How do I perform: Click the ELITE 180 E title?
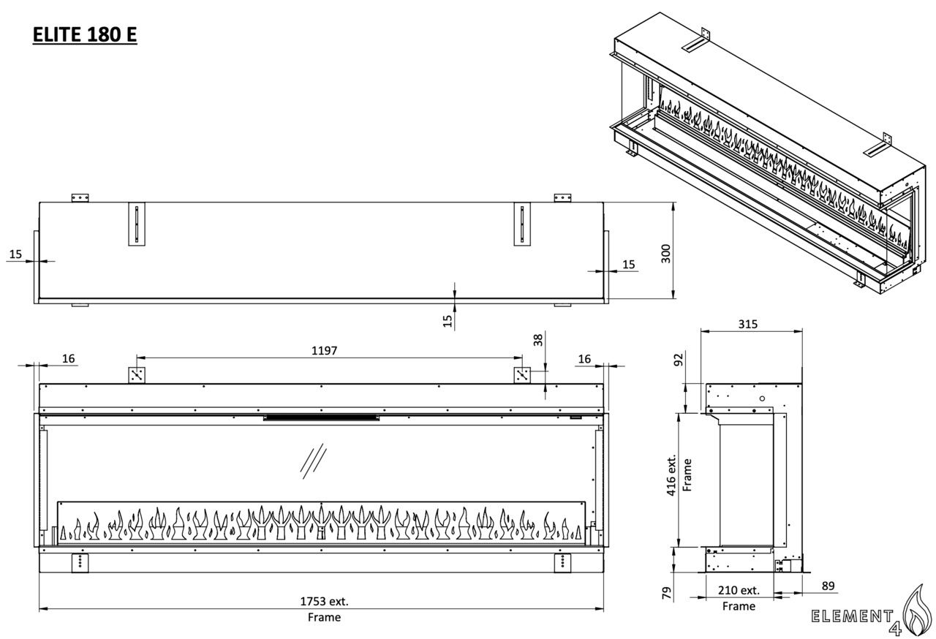pos(85,34)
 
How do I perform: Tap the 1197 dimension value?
pos(324,350)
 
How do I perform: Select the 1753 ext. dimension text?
pos(324,602)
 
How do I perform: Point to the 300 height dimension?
pos(665,254)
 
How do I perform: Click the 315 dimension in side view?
pos(747,324)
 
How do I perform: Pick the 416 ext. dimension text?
pos(671,475)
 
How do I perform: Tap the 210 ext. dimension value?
pos(739,590)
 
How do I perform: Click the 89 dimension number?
pos(828,586)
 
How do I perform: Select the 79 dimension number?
pos(667,593)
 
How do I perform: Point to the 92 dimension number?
pos(679,360)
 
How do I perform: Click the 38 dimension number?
pos(538,340)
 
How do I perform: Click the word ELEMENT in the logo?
pos(853,616)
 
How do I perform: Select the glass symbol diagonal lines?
pos(314,461)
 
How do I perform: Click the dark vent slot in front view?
pos(322,417)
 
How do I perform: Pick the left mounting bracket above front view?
pos(137,375)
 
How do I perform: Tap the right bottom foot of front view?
pos(562,563)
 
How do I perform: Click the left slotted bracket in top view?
pos(137,224)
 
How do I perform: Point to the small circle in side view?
pos(762,398)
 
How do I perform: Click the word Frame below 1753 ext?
pos(324,617)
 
